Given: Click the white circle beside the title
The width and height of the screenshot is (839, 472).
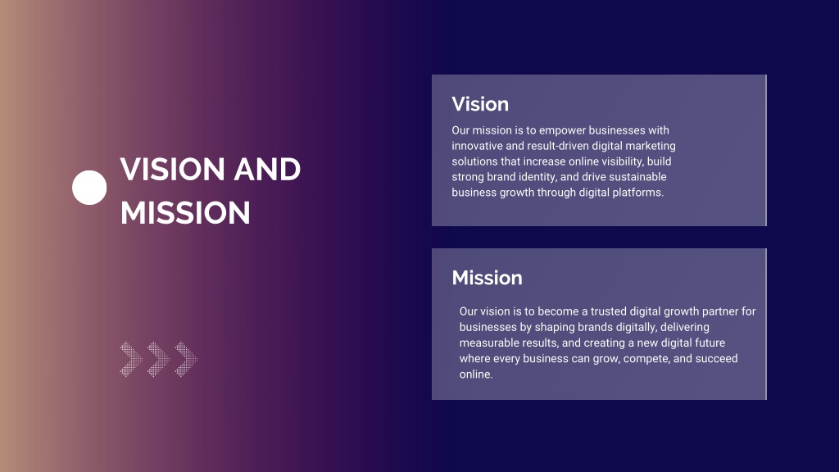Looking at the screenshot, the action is coord(89,188).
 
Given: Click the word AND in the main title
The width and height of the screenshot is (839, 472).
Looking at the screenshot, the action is coord(267,169).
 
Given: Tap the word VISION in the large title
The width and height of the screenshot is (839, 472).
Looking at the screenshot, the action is coord(172,169).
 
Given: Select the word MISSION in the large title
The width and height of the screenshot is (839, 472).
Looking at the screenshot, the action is coord(185,212).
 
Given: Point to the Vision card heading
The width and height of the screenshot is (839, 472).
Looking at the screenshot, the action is coord(480,104).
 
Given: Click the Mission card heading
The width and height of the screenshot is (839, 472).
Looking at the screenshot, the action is coord(487,278).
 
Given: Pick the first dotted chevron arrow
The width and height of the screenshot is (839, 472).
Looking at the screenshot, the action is coord(131,359).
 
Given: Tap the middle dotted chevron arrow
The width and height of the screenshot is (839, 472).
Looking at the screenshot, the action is coord(159,359).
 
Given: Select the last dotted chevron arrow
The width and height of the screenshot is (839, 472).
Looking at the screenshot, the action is coord(186,359).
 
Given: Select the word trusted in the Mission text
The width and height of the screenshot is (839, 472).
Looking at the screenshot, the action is coord(609,311).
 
